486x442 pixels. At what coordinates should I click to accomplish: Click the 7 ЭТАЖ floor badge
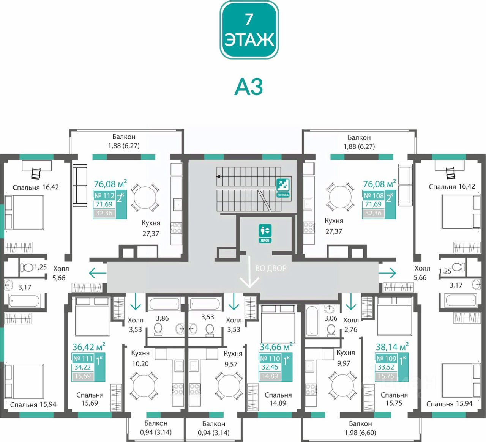(249, 30)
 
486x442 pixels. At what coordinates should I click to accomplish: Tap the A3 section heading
(249, 87)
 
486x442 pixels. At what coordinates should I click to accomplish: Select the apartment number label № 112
(104, 196)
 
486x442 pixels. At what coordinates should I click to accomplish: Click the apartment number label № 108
(374, 196)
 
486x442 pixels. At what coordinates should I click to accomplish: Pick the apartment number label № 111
(83, 359)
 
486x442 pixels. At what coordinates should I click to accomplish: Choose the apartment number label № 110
(270, 359)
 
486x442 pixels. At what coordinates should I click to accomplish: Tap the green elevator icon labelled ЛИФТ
(265, 233)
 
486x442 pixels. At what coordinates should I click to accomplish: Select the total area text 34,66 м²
(276, 347)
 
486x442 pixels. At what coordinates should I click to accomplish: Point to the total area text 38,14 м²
(392, 347)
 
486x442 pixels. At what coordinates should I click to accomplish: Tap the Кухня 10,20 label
(140, 358)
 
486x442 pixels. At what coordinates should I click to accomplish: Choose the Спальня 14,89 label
(278, 399)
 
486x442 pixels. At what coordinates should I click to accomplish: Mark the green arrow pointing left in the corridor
(98, 273)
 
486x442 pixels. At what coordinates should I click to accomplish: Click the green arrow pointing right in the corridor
(388, 273)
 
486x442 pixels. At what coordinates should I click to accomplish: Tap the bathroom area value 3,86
(163, 318)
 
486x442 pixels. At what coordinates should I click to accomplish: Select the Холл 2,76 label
(350, 325)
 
